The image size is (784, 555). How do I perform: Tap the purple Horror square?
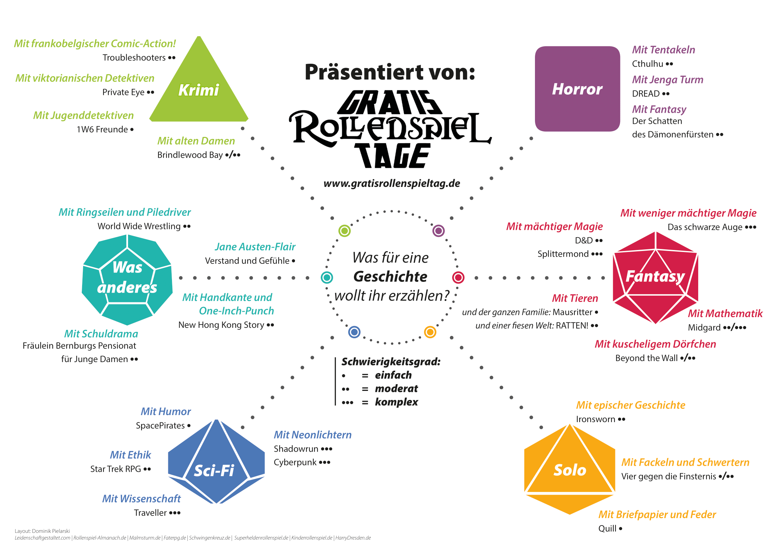click(577, 89)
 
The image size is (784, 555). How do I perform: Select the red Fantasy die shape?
click(655, 277)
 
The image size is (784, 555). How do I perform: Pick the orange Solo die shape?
click(569, 470)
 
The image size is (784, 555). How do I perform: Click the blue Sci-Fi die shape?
click(216, 463)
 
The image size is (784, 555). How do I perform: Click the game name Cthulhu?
click(648, 64)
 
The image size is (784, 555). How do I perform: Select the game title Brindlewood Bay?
click(190, 155)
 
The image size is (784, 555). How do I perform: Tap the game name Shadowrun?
click(296, 449)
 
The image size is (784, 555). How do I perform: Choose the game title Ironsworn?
click(596, 419)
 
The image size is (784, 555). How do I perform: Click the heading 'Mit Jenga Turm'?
click(668, 80)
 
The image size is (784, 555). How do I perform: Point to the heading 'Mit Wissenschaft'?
click(141, 499)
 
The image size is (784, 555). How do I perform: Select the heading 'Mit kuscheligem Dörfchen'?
click(655, 344)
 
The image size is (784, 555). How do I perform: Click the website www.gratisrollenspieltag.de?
click(391, 184)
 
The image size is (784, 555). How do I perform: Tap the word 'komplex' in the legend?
click(396, 402)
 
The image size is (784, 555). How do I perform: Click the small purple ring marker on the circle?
click(438, 231)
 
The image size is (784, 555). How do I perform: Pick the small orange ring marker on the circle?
click(430, 332)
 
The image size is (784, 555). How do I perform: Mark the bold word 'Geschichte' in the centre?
click(390, 276)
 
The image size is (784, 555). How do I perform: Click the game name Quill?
click(607, 529)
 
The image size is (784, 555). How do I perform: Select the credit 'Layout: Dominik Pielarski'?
click(42, 531)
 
